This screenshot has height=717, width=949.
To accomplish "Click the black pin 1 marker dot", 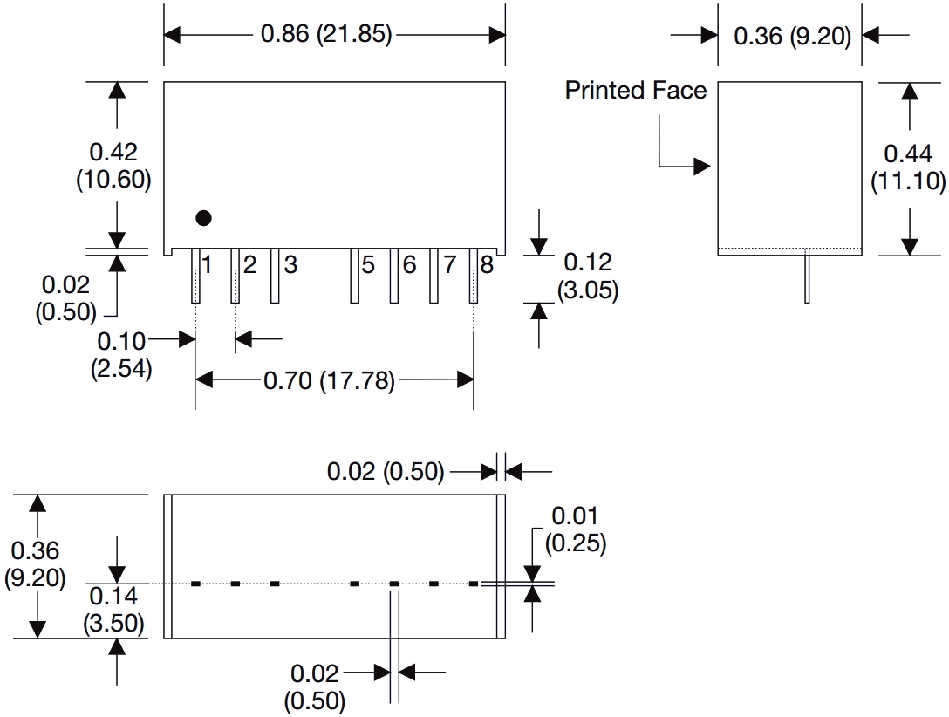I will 203,218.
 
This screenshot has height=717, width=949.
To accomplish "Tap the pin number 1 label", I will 208,264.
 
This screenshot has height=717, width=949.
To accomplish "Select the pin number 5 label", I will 368,264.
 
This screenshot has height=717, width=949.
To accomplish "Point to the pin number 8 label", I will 487,264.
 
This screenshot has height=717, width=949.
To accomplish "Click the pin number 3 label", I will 290,264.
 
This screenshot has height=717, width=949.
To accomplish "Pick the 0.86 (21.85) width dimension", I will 327,35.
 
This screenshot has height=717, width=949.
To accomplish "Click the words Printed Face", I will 636,90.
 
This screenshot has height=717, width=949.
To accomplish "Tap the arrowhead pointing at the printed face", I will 703,166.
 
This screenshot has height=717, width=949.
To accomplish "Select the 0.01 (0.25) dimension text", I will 576,529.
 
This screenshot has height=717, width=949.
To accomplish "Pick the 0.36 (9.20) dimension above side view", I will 792,37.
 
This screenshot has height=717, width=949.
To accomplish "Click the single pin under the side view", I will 808,277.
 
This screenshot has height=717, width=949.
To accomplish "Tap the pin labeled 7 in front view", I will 434,277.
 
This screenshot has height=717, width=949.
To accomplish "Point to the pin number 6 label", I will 409,264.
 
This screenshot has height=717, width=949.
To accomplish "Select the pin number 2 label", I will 249,264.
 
